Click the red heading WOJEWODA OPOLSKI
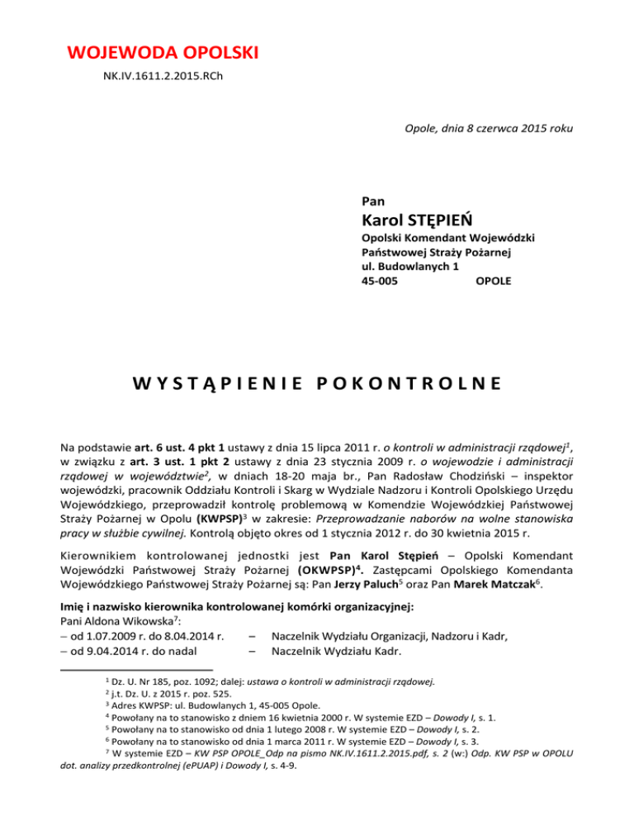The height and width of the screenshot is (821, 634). [163, 55]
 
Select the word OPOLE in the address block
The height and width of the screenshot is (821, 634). [494, 281]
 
